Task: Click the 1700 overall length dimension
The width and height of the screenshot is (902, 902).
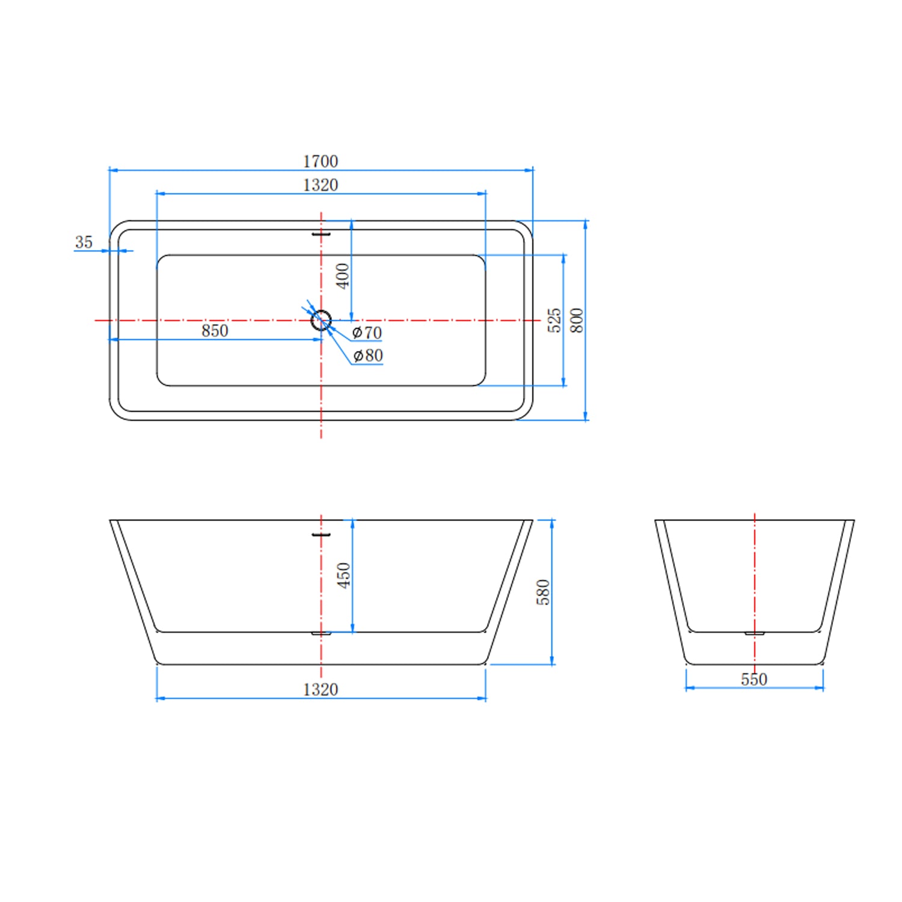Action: [321, 161]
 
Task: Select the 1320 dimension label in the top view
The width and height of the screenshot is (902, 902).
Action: [321, 185]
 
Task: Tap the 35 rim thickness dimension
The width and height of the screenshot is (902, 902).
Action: [84, 242]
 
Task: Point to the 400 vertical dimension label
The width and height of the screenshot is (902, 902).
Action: [343, 276]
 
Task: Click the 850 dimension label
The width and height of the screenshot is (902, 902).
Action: [215, 331]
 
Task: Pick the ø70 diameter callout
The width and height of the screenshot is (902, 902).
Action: [367, 333]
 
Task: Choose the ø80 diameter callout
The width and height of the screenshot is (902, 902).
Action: [368, 355]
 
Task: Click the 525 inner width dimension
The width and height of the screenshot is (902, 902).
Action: [554, 320]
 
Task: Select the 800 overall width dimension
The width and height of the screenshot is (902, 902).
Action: [577, 320]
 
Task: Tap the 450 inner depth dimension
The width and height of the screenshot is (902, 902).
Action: [343, 575]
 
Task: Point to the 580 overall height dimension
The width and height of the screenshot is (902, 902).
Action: [543, 592]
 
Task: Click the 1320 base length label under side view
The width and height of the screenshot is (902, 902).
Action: [321, 689]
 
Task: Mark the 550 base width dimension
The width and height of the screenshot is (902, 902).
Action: [754, 680]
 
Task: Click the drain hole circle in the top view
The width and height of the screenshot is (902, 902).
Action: [321, 320]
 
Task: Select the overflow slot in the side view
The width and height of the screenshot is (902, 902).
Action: [321, 534]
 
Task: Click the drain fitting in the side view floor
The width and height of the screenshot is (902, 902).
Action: [321, 633]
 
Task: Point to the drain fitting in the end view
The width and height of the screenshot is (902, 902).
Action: [754, 633]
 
